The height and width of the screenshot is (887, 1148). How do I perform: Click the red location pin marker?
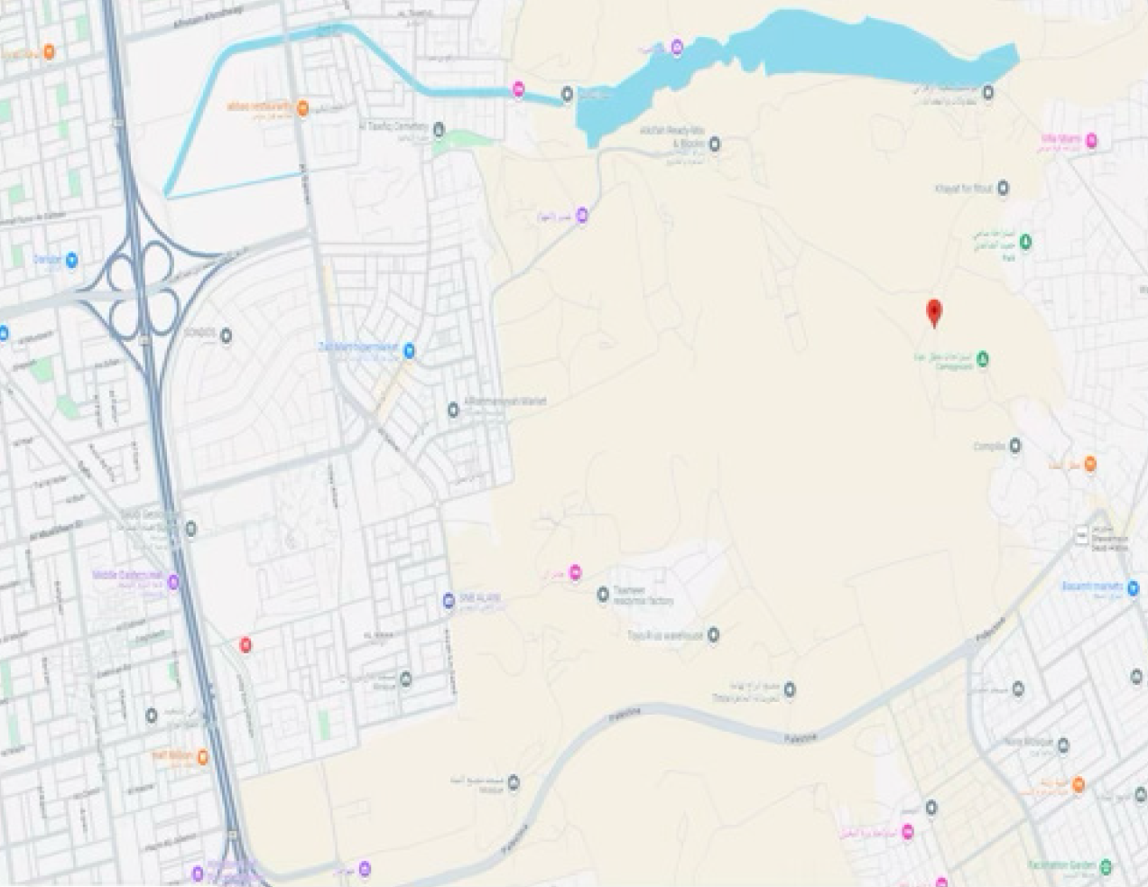pyautogui.click(x=935, y=312)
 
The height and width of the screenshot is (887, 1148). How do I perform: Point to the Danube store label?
pyautogui.click(x=48, y=260)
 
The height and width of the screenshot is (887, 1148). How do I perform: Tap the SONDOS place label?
pyautogui.click(x=199, y=334)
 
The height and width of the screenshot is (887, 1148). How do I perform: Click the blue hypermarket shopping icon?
pyautogui.click(x=409, y=350)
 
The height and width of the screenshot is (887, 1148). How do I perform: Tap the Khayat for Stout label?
pyautogui.click(x=963, y=188)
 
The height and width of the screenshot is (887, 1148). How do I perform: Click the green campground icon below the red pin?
pyautogui.click(x=982, y=359)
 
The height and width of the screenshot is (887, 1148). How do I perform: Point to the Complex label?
pyautogui.click(x=988, y=446)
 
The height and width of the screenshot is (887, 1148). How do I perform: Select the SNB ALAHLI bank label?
pyautogui.click(x=480, y=599)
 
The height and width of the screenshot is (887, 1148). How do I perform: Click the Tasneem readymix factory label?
pyautogui.click(x=643, y=596)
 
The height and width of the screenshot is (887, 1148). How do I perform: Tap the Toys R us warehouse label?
pyautogui.click(x=665, y=635)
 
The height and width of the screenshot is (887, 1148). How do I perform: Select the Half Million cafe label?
pyautogui.click(x=173, y=755)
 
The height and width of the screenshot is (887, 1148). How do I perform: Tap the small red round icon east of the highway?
pyautogui.click(x=245, y=644)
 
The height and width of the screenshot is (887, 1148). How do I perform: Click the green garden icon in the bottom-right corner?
pyautogui.click(x=1105, y=866)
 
